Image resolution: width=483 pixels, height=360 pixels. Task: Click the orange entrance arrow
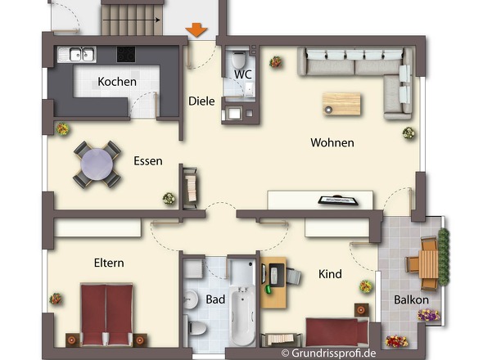[196, 30]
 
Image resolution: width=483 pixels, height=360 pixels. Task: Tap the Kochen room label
[117, 82]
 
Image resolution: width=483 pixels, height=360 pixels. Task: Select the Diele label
[201, 101]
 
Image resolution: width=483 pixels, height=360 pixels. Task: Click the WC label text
[242, 74]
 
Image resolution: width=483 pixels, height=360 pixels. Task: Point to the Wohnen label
[332, 142]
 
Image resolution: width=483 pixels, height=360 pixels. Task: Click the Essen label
[148, 161]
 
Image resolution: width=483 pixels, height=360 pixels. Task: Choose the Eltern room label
[109, 263]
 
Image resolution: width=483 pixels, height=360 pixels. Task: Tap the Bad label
[215, 299]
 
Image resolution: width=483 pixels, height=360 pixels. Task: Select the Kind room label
[330, 274]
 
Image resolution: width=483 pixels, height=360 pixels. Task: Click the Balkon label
[411, 299]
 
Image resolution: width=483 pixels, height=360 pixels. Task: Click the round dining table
[96, 162]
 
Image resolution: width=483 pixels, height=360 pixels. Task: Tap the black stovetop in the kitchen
[128, 55]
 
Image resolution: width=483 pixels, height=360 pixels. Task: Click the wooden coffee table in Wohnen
[341, 103]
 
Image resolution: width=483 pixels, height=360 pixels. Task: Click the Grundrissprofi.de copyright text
[327, 353]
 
